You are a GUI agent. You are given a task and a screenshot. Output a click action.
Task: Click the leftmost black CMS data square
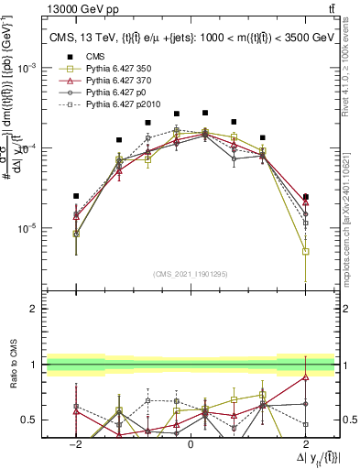click(76, 196)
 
